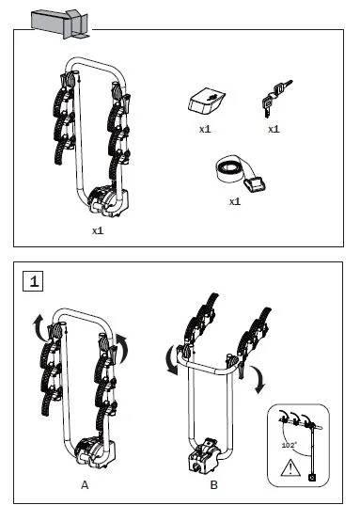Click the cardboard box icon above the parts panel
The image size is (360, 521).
(x=61, y=24)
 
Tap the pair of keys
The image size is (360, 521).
(x=276, y=98)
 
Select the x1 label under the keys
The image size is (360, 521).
(x=274, y=129)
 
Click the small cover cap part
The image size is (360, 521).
(x=207, y=101)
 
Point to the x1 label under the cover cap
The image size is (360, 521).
(x=205, y=129)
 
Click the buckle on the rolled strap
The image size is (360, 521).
(x=255, y=183)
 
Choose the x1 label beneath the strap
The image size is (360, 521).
(x=235, y=201)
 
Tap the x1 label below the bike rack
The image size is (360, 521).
(x=98, y=230)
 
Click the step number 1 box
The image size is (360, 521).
(x=33, y=281)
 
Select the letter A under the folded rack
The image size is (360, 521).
(x=85, y=485)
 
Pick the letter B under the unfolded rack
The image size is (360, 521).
(x=214, y=485)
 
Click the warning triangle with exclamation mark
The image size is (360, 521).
(x=290, y=468)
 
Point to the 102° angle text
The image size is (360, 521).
(x=289, y=445)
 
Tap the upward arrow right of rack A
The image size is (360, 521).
(x=123, y=347)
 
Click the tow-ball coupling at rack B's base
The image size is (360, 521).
(x=204, y=456)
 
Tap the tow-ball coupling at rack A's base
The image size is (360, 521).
(x=95, y=452)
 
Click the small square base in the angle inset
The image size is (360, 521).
(x=312, y=478)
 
